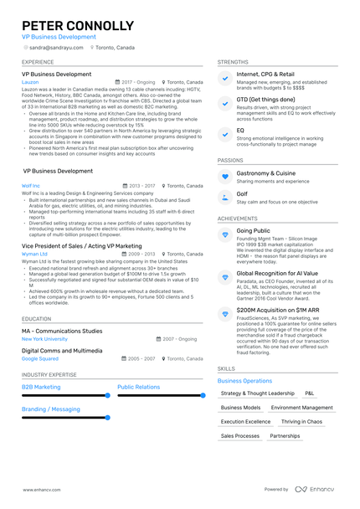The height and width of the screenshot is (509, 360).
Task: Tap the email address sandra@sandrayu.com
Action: click(x=54, y=48)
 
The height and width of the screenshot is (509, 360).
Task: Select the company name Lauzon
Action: click(x=30, y=83)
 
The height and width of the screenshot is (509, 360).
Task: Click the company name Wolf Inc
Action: click(x=31, y=185)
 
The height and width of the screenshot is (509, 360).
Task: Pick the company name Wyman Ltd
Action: click(x=34, y=254)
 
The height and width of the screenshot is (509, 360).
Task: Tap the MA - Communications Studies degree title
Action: click(x=62, y=331)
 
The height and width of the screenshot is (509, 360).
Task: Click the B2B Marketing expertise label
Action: click(x=41, y=387)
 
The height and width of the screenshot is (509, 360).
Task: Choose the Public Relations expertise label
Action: click(x=139, y=387)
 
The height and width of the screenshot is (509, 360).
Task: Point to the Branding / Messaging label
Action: click(x=51, y=409)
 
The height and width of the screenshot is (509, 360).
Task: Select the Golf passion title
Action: click(x=242, y=194)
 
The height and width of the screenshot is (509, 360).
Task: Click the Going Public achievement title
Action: click(x=253, y=230)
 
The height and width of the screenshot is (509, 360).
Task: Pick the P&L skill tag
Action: click(x=310, y=393)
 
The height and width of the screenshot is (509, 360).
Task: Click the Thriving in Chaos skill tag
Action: click(x=301, y=422)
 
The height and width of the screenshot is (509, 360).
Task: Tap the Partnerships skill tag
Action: click(x=285, y=436)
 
